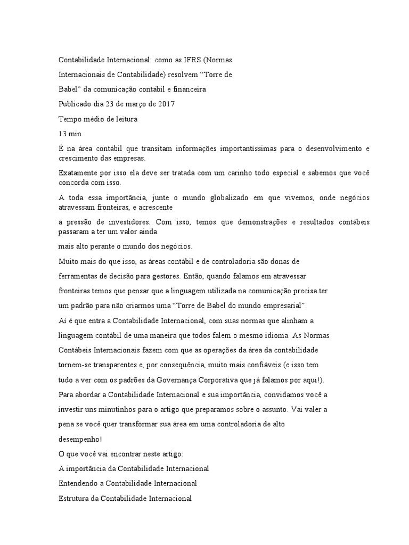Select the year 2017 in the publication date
coord(166,104)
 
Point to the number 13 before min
coord(62,134)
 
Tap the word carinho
coord(248,173)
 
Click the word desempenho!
coord(79,439)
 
